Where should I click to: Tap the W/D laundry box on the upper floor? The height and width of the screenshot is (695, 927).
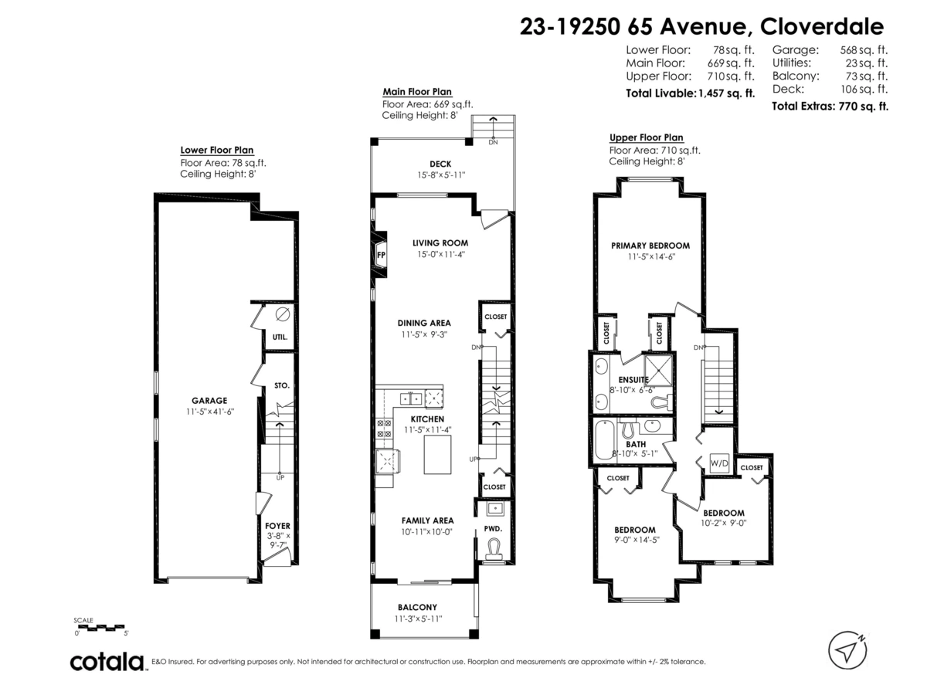coord(719,464)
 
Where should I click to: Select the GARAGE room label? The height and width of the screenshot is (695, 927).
coord(209,400)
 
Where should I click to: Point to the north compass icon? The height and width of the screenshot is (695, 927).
coord(848,649)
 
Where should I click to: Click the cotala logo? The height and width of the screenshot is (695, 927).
coord(107,662)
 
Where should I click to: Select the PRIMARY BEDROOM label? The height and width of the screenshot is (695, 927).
coord(650,246)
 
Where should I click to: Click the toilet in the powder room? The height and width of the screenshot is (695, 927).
coord(495,548)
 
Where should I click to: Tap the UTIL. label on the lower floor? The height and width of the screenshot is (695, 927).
coord(280,337)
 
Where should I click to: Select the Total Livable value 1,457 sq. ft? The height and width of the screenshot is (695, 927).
coord(726,93)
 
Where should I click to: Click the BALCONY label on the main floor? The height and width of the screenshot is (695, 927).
coord(417,607)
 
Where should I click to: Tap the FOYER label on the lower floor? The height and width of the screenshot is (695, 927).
coord(277,526)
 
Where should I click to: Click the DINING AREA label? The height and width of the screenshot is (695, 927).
coord(423,323)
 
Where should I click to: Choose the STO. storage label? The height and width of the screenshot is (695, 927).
coord(281,385)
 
